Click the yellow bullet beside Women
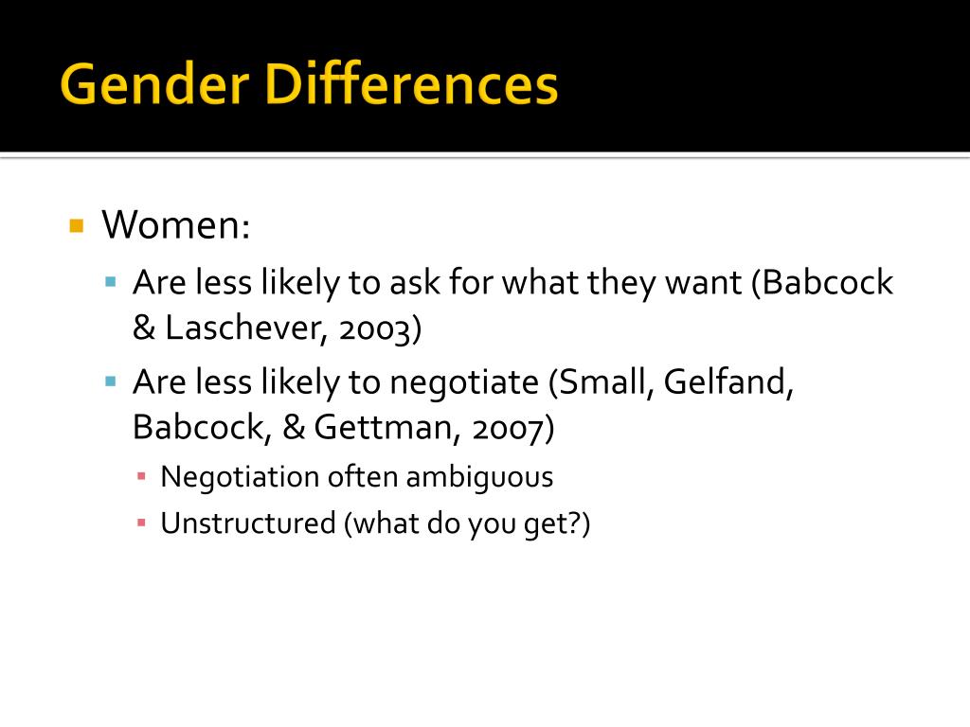[x=77, y=225]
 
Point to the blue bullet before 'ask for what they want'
[x=111, y=282]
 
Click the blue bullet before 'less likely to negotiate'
[x=111, y=382]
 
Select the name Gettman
[x=381, y=428]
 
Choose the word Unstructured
[x=248, y=523]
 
